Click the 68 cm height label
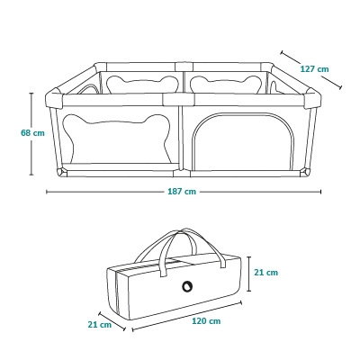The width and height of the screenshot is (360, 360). tap(32, 132)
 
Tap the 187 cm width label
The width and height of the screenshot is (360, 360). tap(182, 192)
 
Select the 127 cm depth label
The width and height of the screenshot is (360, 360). tap(314, 69)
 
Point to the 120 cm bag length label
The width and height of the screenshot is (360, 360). tap(206, 321)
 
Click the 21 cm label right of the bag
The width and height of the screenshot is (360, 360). tap(266, 273)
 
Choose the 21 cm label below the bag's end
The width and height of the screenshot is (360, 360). tap(100, 325)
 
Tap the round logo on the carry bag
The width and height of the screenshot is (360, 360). tap(187, 286)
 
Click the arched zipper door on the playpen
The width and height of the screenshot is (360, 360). tap(244, 141)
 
